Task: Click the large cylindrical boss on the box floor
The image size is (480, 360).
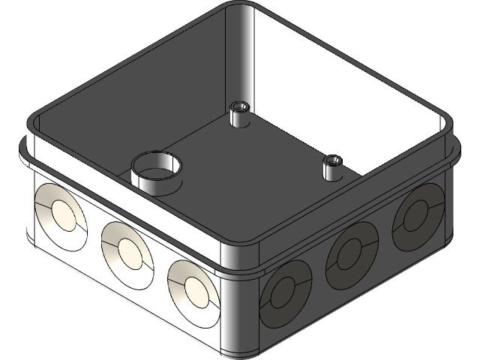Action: (x=156, y=176)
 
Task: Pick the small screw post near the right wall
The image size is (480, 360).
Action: (x=331, y=168)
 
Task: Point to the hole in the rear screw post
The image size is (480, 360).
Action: (x=241, y=106)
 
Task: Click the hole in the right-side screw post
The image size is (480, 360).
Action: (x=331, y=160)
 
